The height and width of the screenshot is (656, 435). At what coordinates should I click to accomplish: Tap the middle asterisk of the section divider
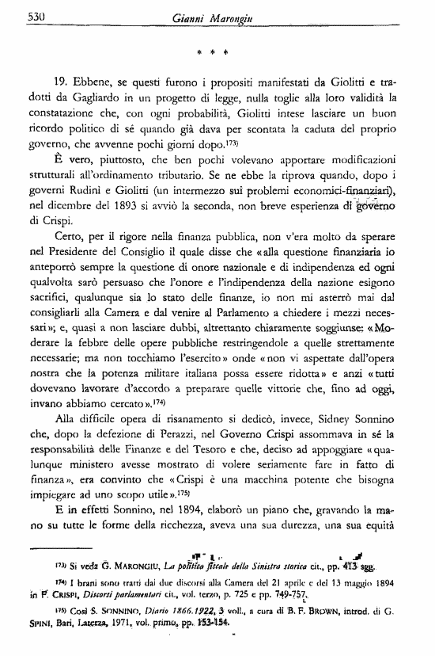(x=213, y=55)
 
